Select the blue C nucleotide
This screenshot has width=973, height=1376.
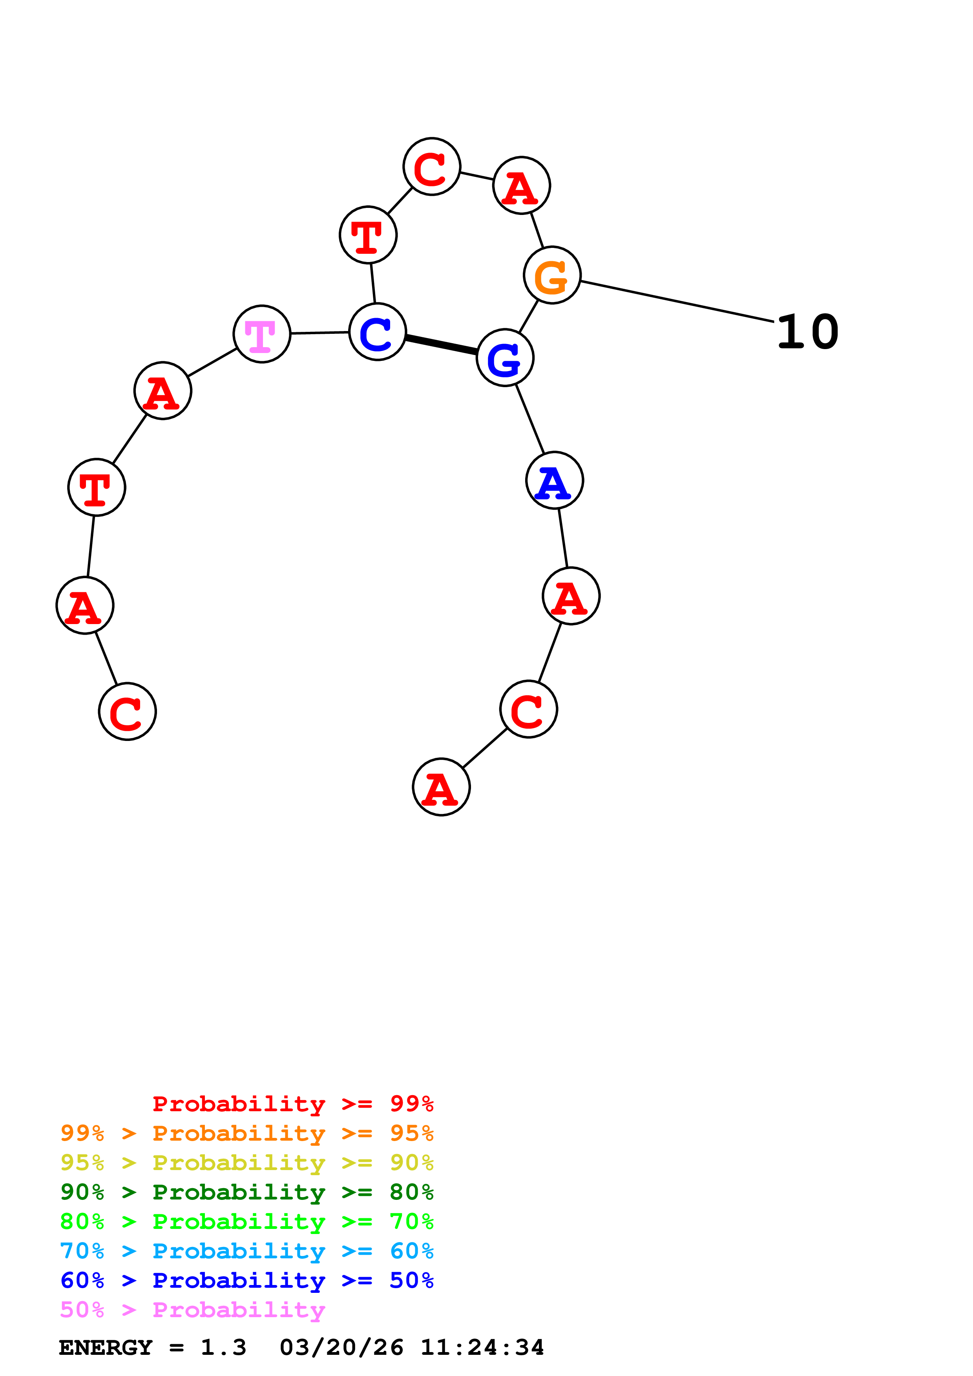[378, 331]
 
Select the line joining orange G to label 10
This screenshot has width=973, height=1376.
[677, 302]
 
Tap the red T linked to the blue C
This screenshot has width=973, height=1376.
[368, 235]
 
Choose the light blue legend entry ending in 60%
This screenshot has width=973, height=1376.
[246, 1251]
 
